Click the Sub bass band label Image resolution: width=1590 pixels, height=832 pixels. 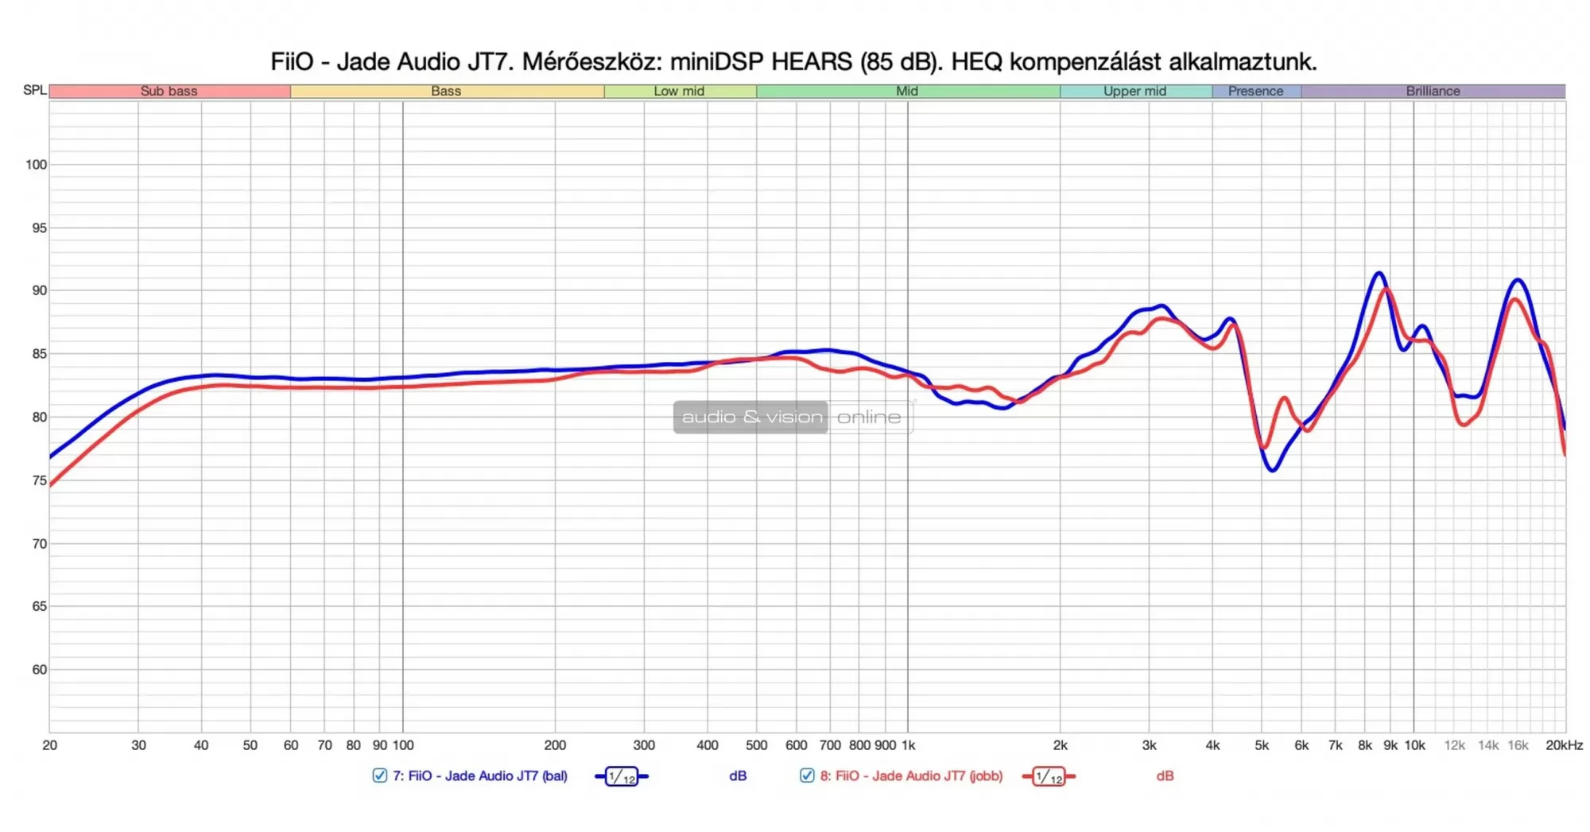[169, 91]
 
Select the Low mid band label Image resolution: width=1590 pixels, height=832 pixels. [679, 91]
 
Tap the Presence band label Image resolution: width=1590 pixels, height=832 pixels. [1255, 91]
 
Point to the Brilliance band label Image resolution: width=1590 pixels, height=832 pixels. [1433, 91]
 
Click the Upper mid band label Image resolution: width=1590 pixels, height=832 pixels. [1134, 91]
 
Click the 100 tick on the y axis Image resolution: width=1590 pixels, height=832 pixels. [37, 165]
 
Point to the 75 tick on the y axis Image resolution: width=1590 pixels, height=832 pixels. [39, 480]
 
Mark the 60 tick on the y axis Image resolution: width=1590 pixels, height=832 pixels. [39, 670]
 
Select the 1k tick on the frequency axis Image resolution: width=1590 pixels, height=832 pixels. [908, 745]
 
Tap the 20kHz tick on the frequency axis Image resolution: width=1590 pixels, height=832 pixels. [1564, 745]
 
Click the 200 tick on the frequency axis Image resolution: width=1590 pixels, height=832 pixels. [555, 745]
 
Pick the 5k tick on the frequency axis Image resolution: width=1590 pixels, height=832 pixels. [1262, 745]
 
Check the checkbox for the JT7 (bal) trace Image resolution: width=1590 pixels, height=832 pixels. [380, 776]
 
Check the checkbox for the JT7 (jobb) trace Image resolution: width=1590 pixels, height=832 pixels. [807, 776]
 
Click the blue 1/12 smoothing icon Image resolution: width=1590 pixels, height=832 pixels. [622, 776]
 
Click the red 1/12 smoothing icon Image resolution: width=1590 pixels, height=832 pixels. [1049, 776]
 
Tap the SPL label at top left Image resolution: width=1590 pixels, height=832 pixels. [34, 90]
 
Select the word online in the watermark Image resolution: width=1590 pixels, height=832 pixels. [869, 417]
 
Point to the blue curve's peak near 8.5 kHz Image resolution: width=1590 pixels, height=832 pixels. [1379, 273]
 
